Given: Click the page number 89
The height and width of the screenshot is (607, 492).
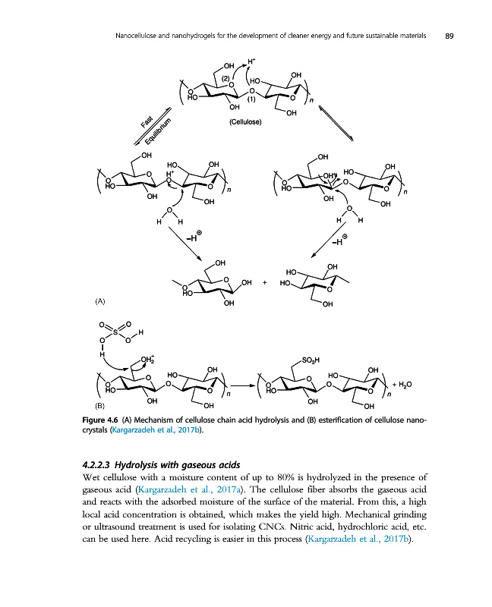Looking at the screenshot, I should pos(449,36).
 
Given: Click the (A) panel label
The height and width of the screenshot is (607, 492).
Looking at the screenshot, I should pos(100,300).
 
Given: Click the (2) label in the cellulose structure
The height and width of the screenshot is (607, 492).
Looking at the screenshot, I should pos(225,77).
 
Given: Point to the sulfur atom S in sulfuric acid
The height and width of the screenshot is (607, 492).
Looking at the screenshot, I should pos(116,332).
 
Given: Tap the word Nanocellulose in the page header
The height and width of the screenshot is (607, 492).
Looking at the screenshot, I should pos(137,36).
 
